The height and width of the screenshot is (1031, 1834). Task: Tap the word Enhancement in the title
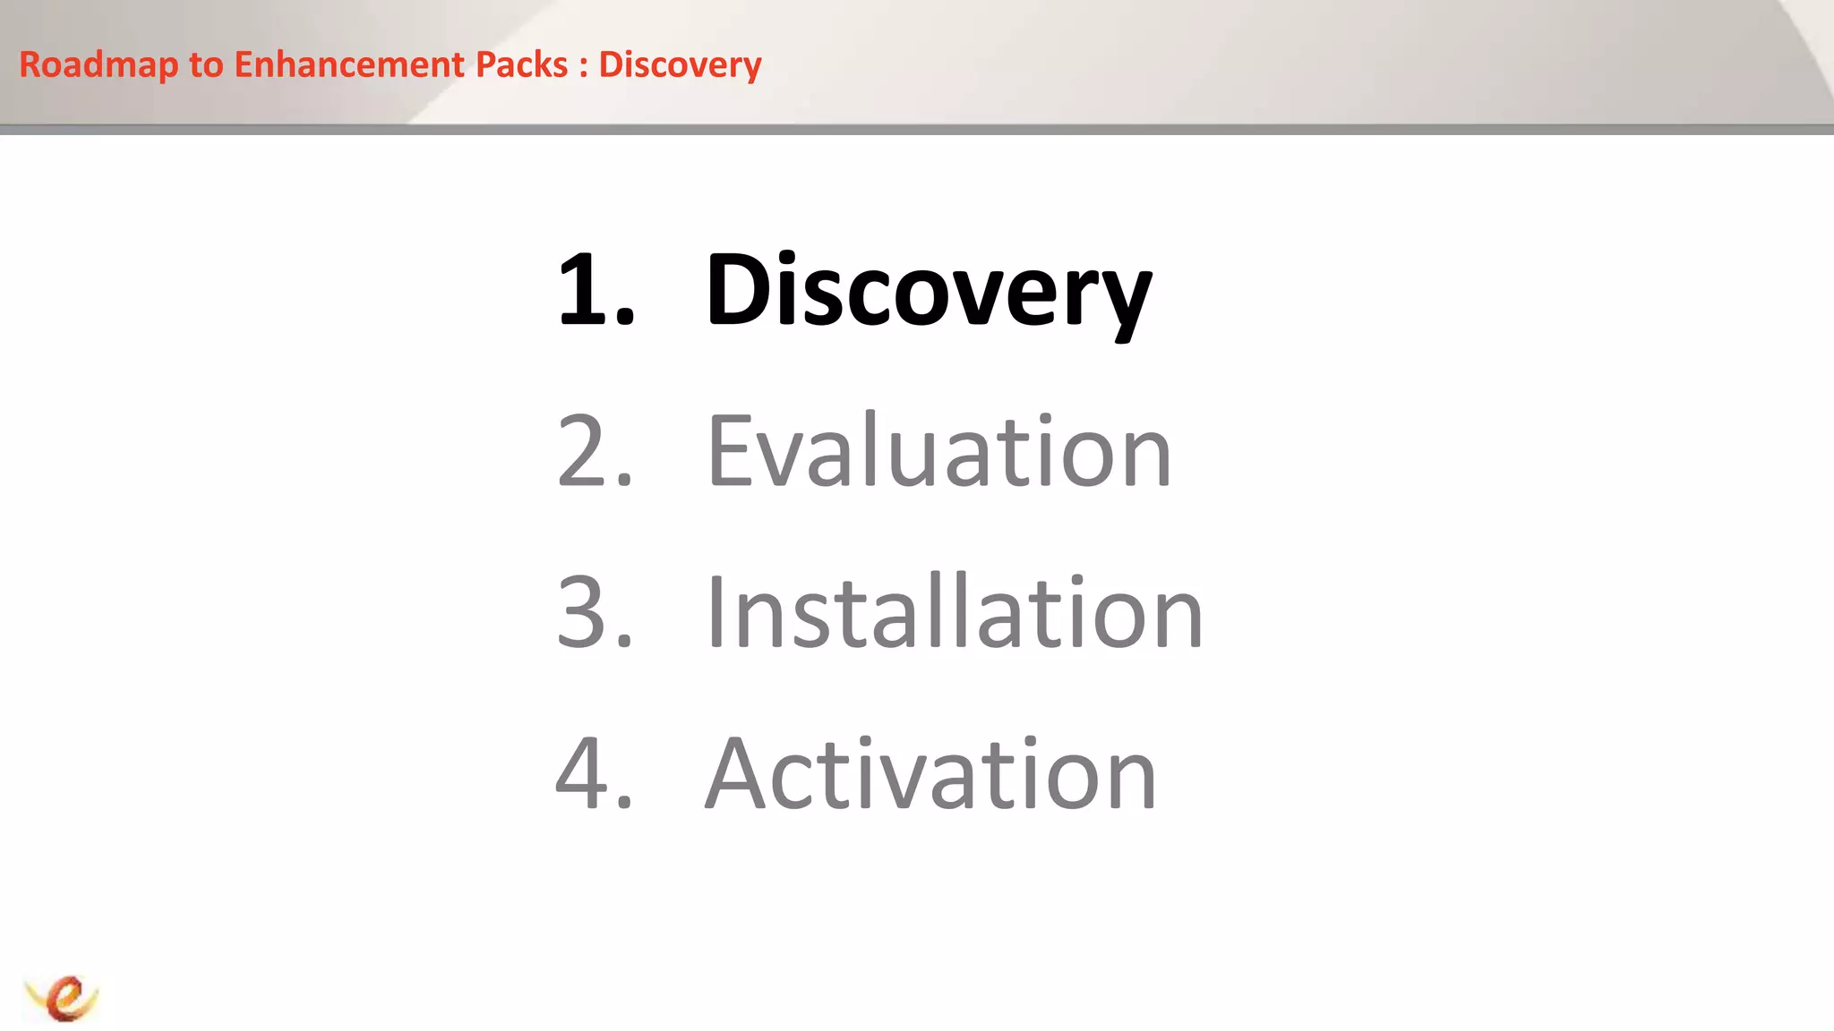point(349,65)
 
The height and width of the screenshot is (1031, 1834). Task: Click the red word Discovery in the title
point(680,65)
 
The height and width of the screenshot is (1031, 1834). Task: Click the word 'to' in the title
point(206,65)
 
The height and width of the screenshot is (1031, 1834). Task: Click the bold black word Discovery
point(928,291)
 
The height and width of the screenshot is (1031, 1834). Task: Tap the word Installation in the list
point(954,612)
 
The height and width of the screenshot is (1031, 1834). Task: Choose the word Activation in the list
point(931,773)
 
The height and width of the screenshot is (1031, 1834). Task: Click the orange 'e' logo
point(64,997)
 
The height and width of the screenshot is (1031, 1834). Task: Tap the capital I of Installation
point(717,612)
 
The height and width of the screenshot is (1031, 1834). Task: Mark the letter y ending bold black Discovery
point(1124,300)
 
